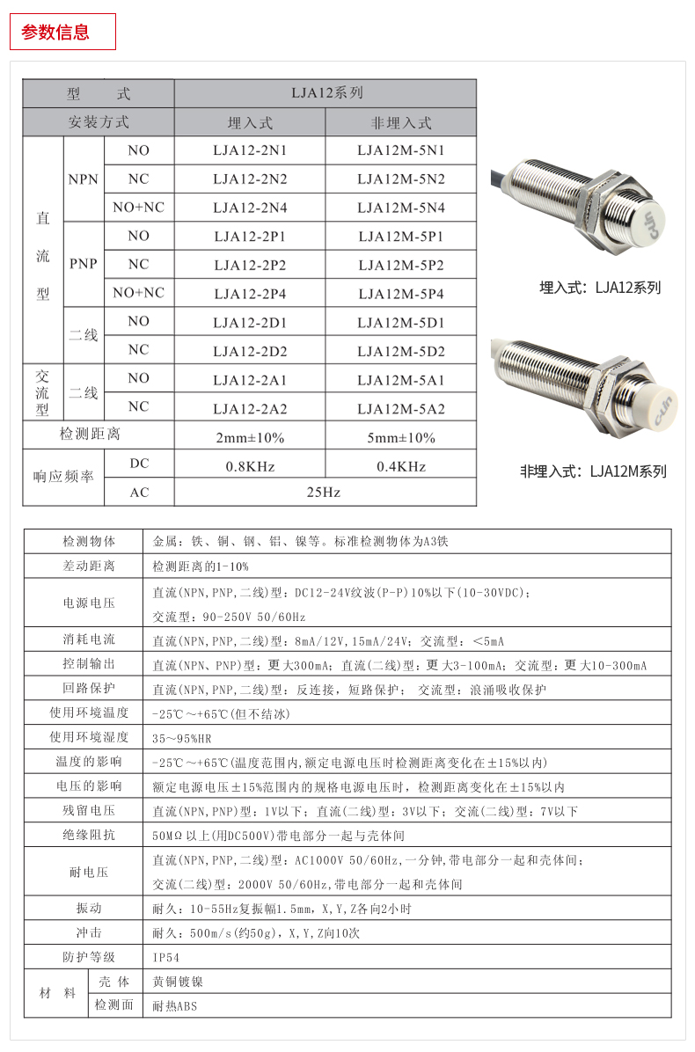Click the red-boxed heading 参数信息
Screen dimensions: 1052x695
tap(55, 33)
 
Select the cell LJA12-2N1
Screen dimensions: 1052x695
tap(250, 150)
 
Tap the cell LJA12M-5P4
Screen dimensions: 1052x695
tap(400, 293)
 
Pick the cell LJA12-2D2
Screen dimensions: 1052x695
tap(250, 351)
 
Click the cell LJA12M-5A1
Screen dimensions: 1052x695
tap(400, 379)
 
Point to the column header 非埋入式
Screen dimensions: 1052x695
tap(400, 122)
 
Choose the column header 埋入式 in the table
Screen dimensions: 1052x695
tap(250, 122)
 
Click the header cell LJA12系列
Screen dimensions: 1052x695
tap(326, 93)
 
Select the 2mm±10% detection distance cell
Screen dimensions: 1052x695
tap(250, 437)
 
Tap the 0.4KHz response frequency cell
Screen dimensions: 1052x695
tap(400, 465)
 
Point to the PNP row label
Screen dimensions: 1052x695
tap(84, 264)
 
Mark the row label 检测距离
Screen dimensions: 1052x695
tap(90, 435)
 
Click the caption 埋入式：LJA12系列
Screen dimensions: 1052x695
tap(599, 288)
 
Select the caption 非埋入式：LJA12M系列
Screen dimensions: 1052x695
tap(593, 471)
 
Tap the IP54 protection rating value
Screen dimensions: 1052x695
tap(165, 957)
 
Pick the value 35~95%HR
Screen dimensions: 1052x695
tap(182, 737)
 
